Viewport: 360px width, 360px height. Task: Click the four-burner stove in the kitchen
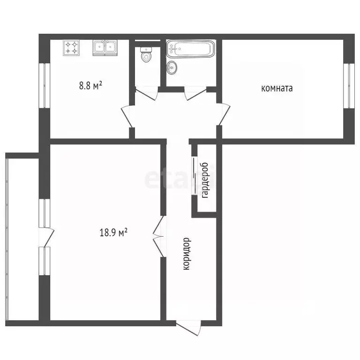click(x=71, y=47)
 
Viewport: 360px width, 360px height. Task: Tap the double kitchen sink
click(x=105, y=47)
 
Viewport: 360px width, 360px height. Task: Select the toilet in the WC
click(x=146, y=54)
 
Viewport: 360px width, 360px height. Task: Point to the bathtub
click(x=190, y=49)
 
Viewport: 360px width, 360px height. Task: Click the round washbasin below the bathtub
click(x=172, y=67)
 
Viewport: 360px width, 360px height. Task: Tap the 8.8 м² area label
click(x=90, y=86)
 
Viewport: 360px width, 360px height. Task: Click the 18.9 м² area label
click(x=113, y=232)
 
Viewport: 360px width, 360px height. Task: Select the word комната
click(x=277, y=89)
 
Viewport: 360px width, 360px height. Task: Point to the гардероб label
click(x=204, y=180)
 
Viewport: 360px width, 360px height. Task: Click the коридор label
click(x=187, y=254)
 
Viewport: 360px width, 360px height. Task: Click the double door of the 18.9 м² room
click(x=158, y=236)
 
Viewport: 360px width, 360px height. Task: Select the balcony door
click(x=46, y=237)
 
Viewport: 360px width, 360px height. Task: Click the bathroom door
click(x=195, y=93)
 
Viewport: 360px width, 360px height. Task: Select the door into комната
click(x=224, y=114)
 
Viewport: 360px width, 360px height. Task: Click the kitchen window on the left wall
click(x=45, y=85)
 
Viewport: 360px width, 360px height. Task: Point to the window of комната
click(x=349, y=86)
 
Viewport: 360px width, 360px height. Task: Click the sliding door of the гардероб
click(x=195, y=176)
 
